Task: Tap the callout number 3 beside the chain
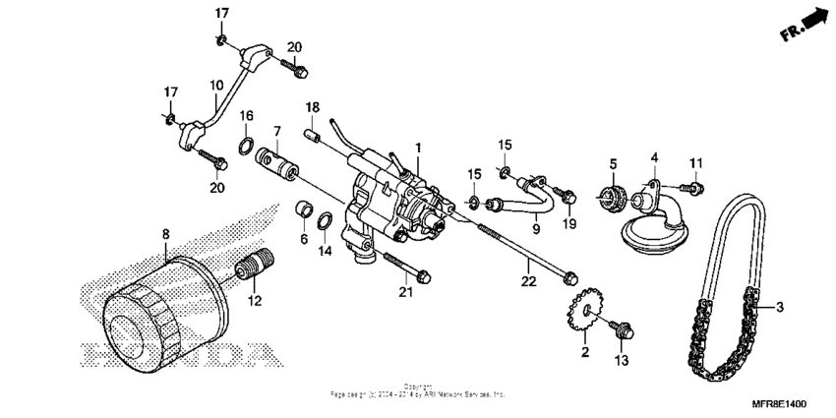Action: [779, 308]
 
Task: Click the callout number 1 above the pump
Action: [417, 147]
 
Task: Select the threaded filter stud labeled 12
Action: [254, 267]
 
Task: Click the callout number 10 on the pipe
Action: [216, 87]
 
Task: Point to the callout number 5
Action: [611, 163]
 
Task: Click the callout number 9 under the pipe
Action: [535, 229]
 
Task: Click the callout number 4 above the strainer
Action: [653, 156]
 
